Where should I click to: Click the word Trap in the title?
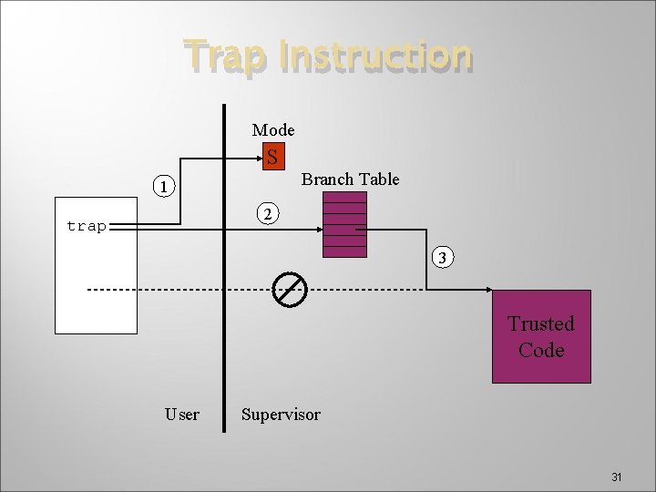pyautogui.click(x=224, y=56)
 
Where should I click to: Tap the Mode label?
pyautogui.click(x=272, y=130)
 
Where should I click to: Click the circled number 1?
pyautogui.click(x=162, y=189)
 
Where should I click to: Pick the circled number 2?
pyautogui.click(x=266, y=214)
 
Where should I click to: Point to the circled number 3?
pyautogui.click(x=441, y=258)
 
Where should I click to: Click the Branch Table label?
pyautogui.click(x=350, y=179)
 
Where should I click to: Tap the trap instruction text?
pyautogui.click(x=87, y=226)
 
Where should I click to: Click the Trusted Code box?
pyautogui.click(x=541, y=336)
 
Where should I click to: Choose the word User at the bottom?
pyautogui.click(x=182, y=415)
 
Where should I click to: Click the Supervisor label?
pyautogui.click(x=281, y=415)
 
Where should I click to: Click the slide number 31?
pyautogui.click(x=616, y=477)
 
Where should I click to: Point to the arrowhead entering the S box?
pyautogui.click(x=257, y=158)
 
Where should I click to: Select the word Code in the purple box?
pyautogui.click(x=541, y=350)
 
